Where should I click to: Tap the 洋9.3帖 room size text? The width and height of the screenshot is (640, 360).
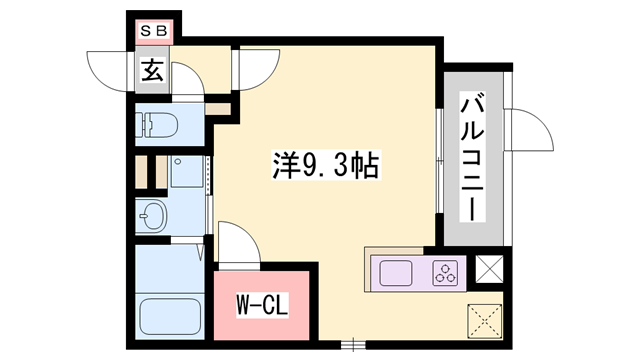[x=325, y=165]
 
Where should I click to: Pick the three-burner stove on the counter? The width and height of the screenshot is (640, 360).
[x=444, y=271]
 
